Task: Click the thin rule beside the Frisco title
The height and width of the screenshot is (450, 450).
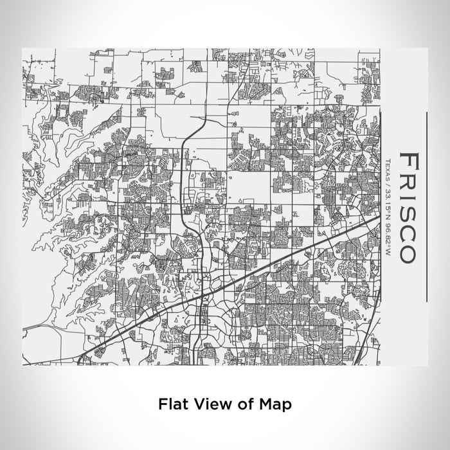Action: point(427,206)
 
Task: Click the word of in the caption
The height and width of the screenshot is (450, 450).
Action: point(237,404)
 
